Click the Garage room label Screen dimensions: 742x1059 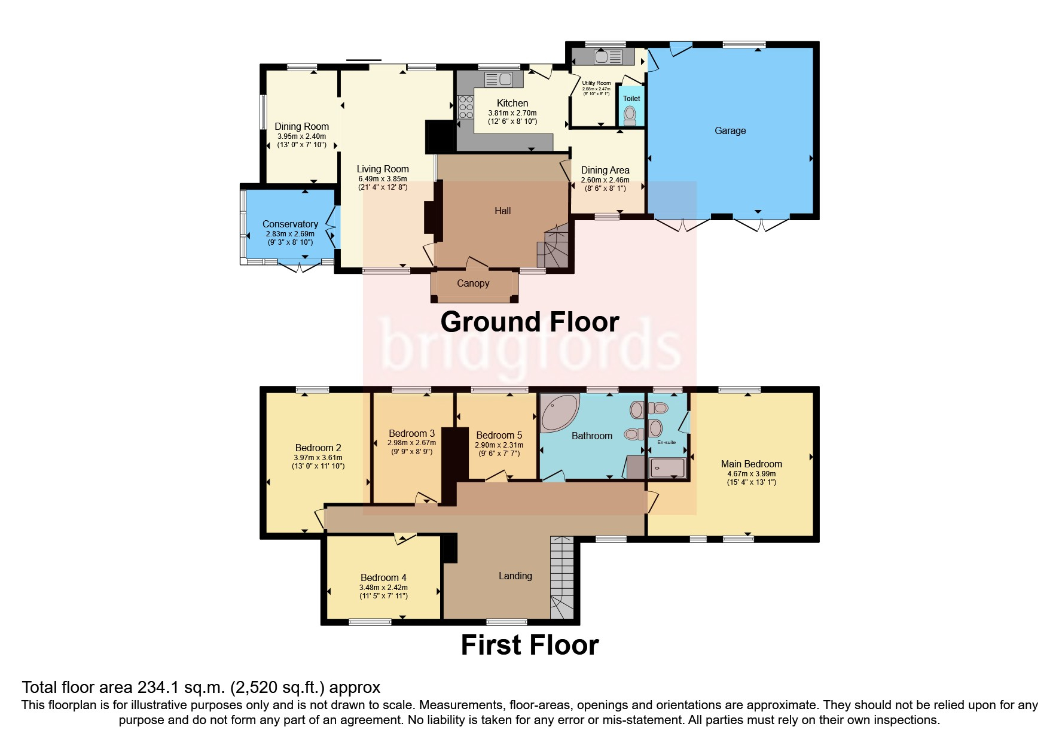pyautogui.click(x=730, y=130)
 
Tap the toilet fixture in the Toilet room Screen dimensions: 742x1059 pyautogui.click(x=630, y=114)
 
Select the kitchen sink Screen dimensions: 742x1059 pyautogui.click(x=498, y=79)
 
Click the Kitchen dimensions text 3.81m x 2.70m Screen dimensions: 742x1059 pyautogui.click(x=512, y=113)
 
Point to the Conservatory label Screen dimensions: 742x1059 pyautogui.click(x=290, y=224)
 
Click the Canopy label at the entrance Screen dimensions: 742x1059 pyautogui.click(x=473, y=283)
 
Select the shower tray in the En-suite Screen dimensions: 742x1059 pyautogui.click(x=667, y=469)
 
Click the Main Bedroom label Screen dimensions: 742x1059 pyautogui.click(x=751, y=464)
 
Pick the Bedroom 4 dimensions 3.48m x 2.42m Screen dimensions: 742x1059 pyautogui.click(x=383, y=588)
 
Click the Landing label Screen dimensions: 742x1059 pyautogui.click(x=515, y=576)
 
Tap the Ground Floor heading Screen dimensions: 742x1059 pyautogui.click(x=529, y=322)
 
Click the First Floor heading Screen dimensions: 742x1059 pyautogui.click(x=529, y=645)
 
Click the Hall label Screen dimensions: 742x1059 pyautogui.click(x=502, y=211)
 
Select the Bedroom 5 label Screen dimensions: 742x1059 pyautogui.click(x=499, y=435)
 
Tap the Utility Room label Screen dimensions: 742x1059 pyautogui.click(x=596, y=83)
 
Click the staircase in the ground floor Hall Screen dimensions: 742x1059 pyautogui.click(x=553, y=245)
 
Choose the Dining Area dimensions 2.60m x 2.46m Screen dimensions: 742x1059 pyautogui.click(x=605, y=180)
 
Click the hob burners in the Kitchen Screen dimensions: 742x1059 pyautogui.click(x=465, y=107)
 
